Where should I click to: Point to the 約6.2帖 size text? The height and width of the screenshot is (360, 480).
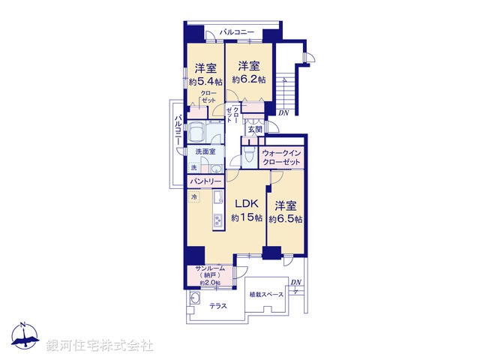tap(248, 79)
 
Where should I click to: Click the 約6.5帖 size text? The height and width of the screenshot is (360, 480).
tap(287, 219)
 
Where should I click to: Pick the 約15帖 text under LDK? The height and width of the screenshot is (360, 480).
tap(247, 218)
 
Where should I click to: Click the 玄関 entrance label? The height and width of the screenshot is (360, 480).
tap(256, 129)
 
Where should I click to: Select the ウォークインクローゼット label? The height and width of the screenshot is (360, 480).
tap(281, 158)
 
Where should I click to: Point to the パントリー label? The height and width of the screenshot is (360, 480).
tap(205, 181)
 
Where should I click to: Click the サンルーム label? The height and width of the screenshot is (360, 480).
tap(207, 269)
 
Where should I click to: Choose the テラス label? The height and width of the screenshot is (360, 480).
tap(218, 304)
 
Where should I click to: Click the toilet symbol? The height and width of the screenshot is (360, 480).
tap(248, 155)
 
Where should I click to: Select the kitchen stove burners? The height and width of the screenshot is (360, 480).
tap(218, 220)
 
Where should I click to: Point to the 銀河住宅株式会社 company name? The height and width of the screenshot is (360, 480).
tap(99, 346)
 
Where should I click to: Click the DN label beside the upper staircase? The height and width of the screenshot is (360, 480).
tap(282, 113)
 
